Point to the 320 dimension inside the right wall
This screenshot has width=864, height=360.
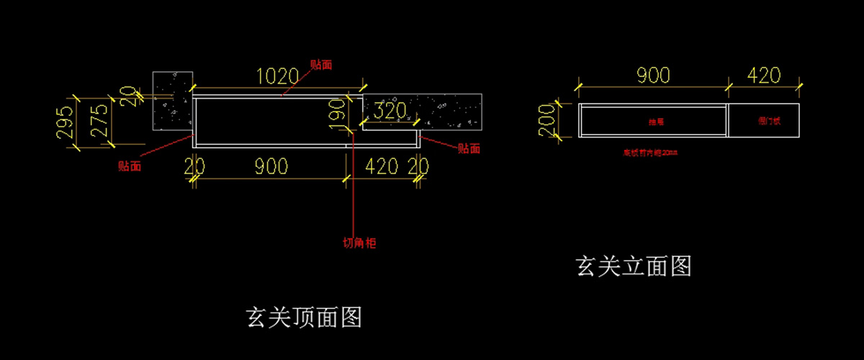tap(390, 112)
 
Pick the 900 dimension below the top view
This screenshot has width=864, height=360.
tap(271, 166)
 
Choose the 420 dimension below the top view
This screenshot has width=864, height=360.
tap(382, 166)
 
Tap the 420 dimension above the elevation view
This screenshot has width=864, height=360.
tap(764, 75)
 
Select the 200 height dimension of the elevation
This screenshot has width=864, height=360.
tap(548, 120)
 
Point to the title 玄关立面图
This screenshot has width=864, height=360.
tap(634, 266)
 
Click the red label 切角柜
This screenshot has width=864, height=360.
tap(359, 243)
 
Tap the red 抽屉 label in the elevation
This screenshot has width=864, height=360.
tap(655, 122)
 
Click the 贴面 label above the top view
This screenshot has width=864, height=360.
tap(321, 64)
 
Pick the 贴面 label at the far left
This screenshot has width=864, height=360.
tap(130, 166)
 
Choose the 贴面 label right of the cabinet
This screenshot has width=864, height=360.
tap(469, 149)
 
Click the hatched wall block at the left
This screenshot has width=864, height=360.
tap(171, 101)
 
